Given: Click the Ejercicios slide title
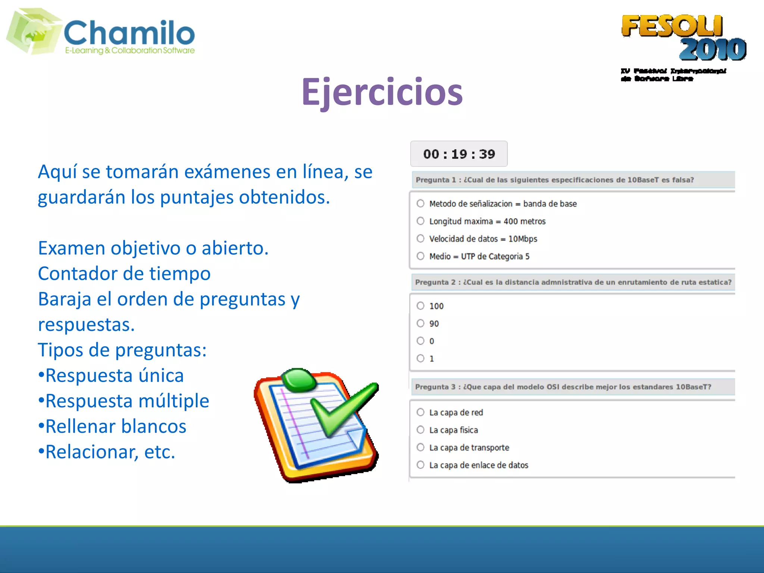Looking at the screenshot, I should tap(382, 92).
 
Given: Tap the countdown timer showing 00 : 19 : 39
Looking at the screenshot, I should tap(459, 154).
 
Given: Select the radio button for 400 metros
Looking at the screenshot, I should tap(420, 221).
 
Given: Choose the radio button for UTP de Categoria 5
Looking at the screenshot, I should tap(420, 256).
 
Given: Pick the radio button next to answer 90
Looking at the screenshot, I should tap(420, 323).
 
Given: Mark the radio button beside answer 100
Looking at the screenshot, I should tap(420, 306).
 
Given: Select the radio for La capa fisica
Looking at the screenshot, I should tap(420, 430).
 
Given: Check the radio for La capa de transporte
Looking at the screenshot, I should tap(420, 447).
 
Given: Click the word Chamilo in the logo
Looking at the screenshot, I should tap(129, 33).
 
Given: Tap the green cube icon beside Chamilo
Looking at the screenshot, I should tap(34, 32).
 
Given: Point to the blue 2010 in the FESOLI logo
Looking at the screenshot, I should tap(713, 49).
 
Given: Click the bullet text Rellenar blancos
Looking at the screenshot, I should tap(116, 426).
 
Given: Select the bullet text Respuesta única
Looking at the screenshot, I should tap(115, 376).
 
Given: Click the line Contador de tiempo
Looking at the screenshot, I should tap(124, 273).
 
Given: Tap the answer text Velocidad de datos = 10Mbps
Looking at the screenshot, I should tap(483, 239).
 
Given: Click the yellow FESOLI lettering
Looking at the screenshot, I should tap(671, 26).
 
